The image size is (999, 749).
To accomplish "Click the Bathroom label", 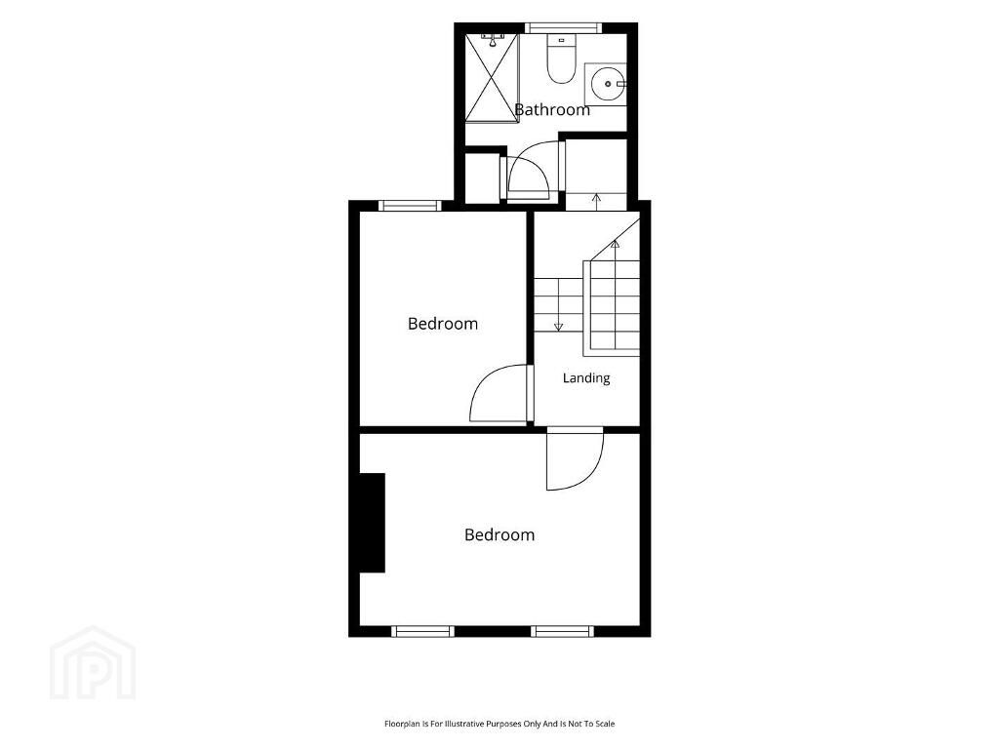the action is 552,109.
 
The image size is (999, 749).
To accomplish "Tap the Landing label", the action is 586,378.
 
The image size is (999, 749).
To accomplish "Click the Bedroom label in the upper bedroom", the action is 443,324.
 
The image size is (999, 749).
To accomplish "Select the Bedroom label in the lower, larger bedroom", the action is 499,534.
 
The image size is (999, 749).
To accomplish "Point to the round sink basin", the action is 607,84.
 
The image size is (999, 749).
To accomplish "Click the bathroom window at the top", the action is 562,28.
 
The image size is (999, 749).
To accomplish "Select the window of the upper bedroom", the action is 410,205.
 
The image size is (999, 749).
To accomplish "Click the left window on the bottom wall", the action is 422,631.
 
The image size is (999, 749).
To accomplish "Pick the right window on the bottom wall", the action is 563,631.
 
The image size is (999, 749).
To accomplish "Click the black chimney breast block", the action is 372,523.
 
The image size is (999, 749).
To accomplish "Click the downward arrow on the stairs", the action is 559,304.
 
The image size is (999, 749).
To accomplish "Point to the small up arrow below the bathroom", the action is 596,201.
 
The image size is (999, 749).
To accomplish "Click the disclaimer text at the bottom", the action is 499,724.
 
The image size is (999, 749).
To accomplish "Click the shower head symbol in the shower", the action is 492,40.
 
